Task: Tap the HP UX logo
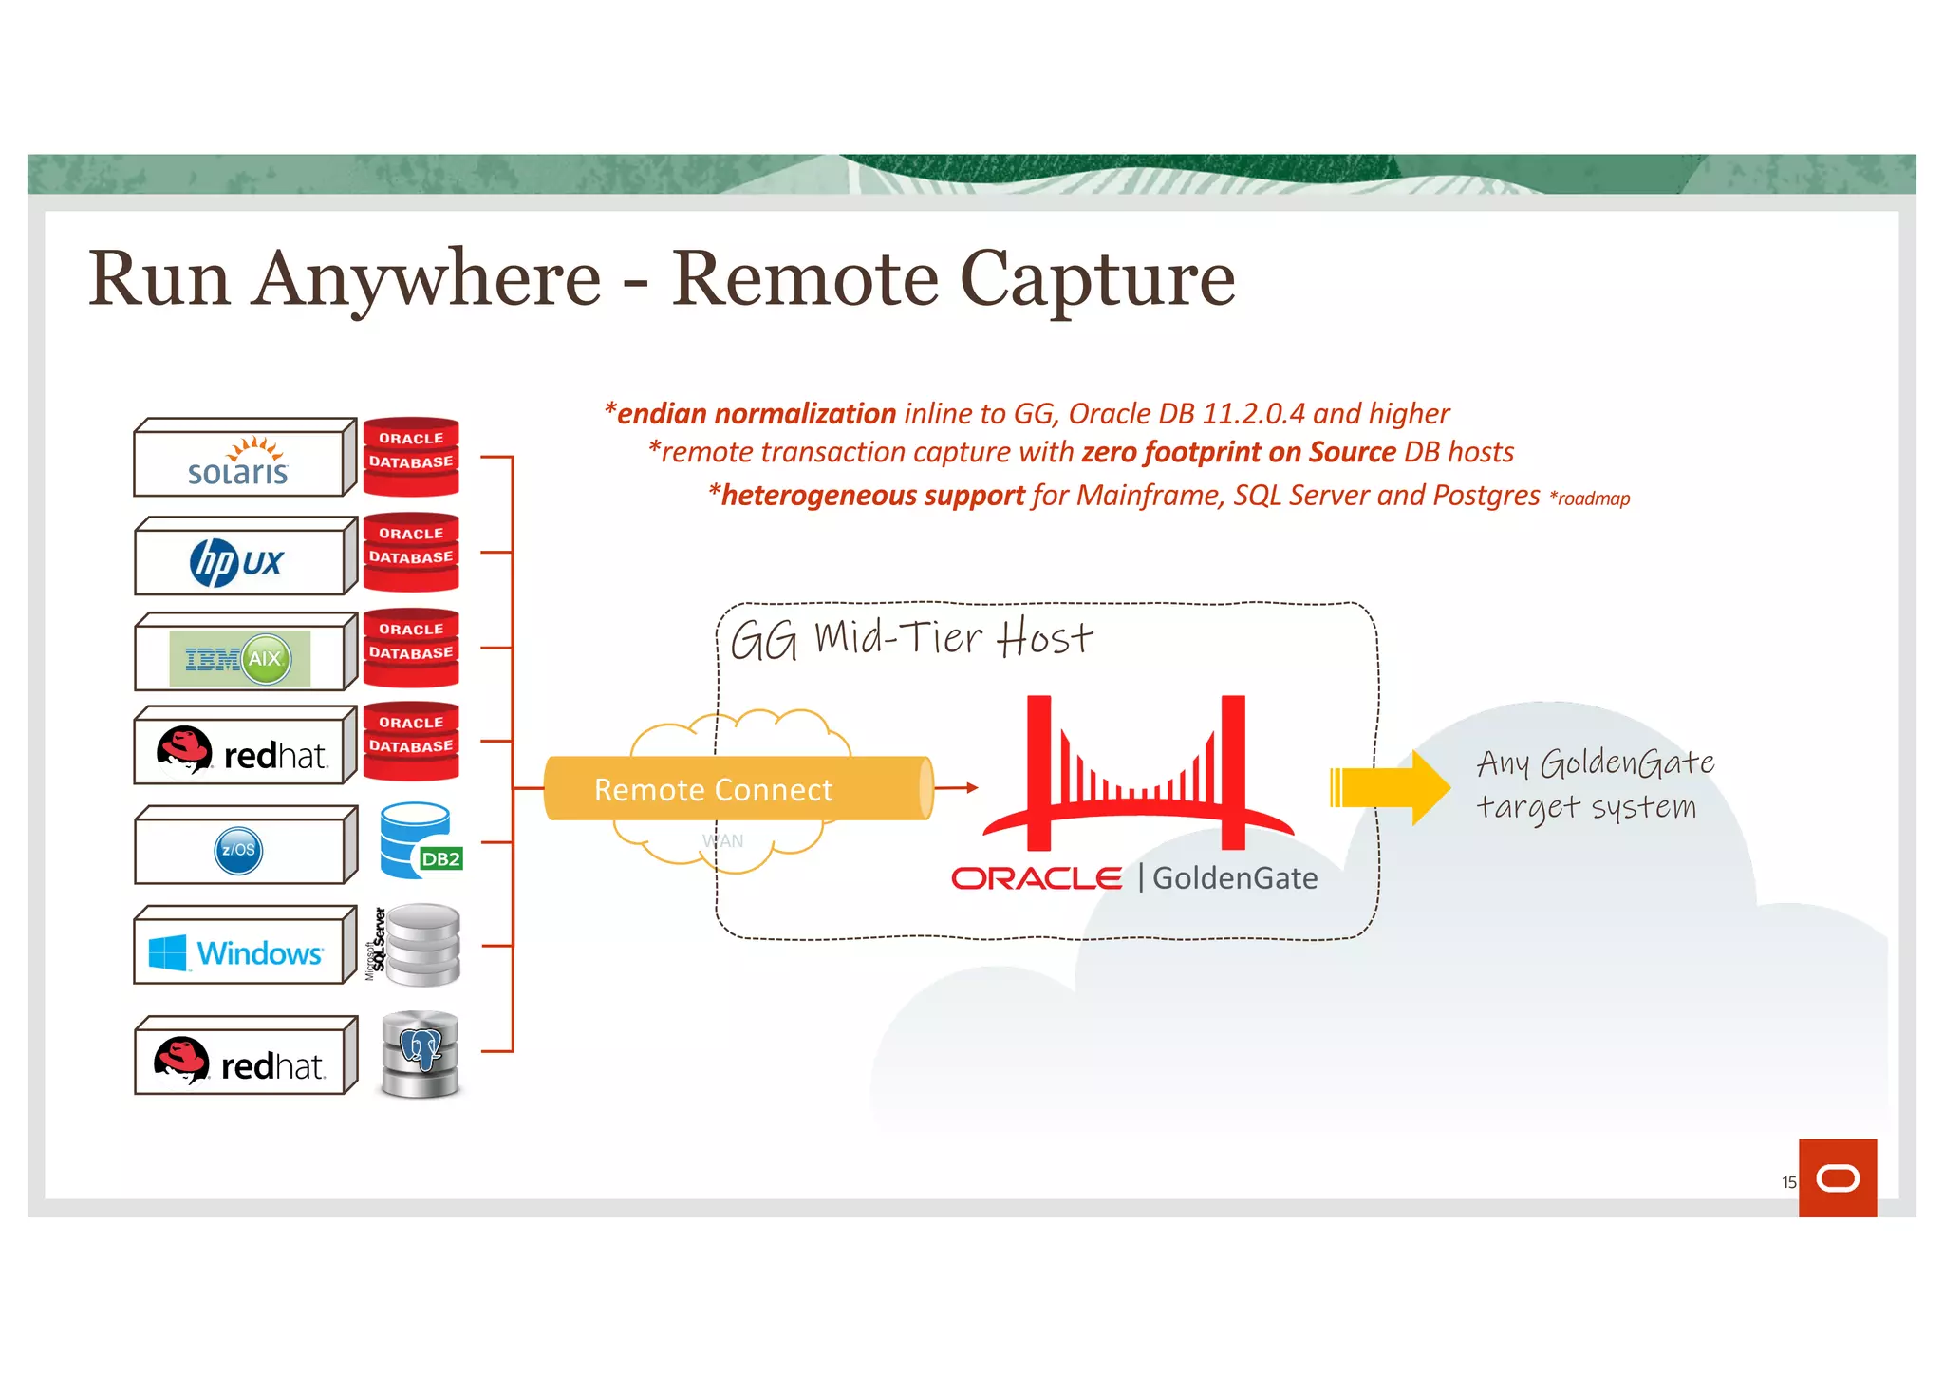pos(236,562)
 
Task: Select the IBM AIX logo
pos(240,658)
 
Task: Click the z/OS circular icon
pos(238,850)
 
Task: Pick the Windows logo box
pos(238,951)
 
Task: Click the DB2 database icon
pos(419,841)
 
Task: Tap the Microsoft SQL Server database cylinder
pos(423,945)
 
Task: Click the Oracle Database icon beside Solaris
pos(411,457)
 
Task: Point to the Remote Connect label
pos(713,790)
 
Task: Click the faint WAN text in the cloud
pos(722,841)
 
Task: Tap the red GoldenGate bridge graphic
pos(1136,774)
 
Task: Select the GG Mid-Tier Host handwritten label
pos(911,638)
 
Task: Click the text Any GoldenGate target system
pos(1594,784)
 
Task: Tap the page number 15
pos(1788,1182)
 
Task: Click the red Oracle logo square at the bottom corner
pos(1837,1177)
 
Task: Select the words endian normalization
pos(756,414)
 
